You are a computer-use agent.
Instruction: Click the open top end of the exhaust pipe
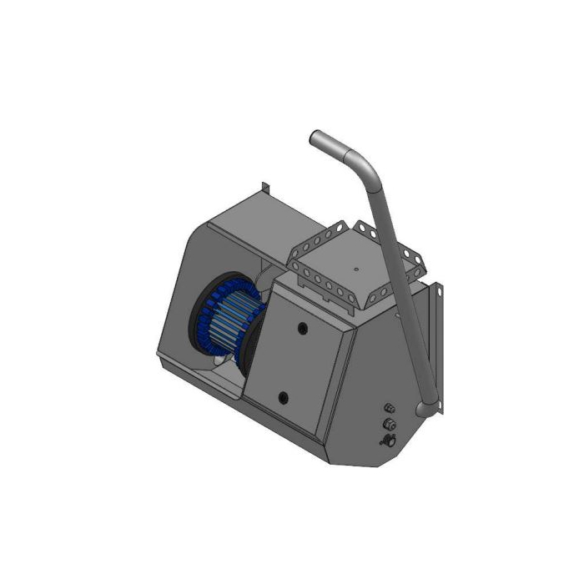point(316,138)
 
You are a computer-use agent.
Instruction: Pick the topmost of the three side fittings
point(388,408)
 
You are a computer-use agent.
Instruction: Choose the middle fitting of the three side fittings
point(388,424)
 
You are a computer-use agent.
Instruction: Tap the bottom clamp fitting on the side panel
point(388,440)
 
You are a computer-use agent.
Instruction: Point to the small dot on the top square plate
point(355,269)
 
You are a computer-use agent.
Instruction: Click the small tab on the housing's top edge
point(264,187)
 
